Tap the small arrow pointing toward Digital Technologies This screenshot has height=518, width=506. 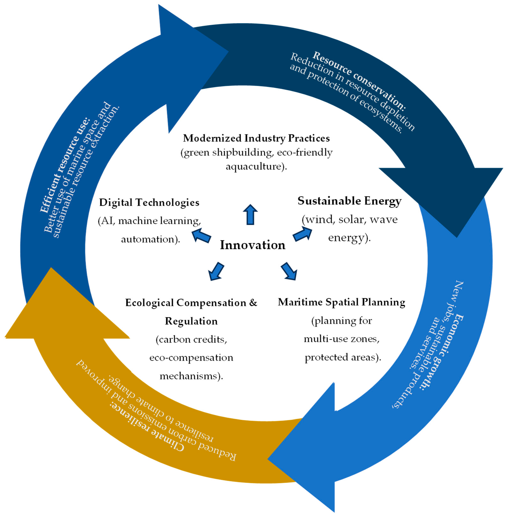point(201,235)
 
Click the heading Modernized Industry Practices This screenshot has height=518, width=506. point(256,138)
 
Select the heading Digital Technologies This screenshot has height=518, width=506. point(149,202)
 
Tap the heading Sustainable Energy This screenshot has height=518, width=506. point(349,201)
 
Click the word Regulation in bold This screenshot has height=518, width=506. point(191,321)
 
